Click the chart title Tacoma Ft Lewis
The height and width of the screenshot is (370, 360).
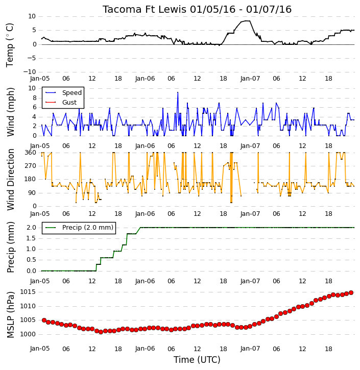pos(145,9)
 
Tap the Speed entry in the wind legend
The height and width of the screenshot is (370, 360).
pos(72,93)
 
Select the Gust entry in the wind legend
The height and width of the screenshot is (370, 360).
pos(69,103)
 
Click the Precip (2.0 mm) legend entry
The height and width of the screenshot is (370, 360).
pos(88,228)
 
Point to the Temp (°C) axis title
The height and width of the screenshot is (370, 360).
pos(10,45)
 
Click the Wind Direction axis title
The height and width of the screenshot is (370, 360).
pos(10,180)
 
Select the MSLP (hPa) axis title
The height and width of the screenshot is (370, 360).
pos(10,314)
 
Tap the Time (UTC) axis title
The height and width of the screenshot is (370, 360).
pos(197,360)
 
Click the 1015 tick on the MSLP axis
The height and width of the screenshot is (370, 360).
pos(28,292)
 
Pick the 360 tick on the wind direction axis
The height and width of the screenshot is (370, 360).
pos(30,153)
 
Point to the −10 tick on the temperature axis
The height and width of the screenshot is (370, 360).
pos(29,72)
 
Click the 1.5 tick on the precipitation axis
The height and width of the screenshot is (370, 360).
pos(31,238)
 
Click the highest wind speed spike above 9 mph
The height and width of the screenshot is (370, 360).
pos(178,92)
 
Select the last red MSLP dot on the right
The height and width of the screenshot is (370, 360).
pos(351,292)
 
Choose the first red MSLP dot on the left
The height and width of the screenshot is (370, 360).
pos(44,320)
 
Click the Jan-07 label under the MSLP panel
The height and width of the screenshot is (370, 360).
pos(250,349)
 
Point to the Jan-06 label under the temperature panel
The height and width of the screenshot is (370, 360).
pos(145,79)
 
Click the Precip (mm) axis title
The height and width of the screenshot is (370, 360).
pos(10,248)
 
